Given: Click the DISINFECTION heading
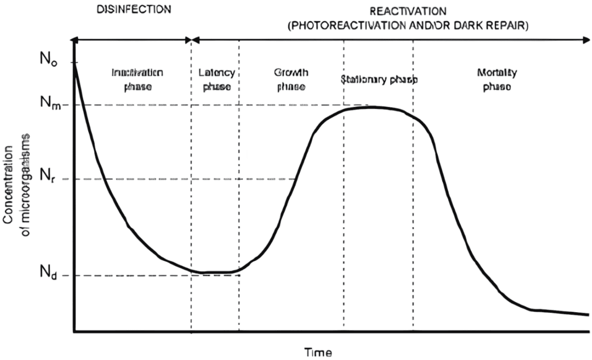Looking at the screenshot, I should pos(134,10).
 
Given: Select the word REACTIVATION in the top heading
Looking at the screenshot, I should pos(408,11).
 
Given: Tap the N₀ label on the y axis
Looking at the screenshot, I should pos(49,59).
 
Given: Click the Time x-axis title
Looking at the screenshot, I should pos(318,352).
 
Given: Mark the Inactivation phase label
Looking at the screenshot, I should pos(138,80).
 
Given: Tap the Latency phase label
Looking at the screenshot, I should pos(217,80).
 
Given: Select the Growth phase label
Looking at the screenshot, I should pos(291,80).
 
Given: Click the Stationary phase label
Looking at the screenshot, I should pos(379,80).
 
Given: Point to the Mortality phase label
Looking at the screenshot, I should pos(497,80).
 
